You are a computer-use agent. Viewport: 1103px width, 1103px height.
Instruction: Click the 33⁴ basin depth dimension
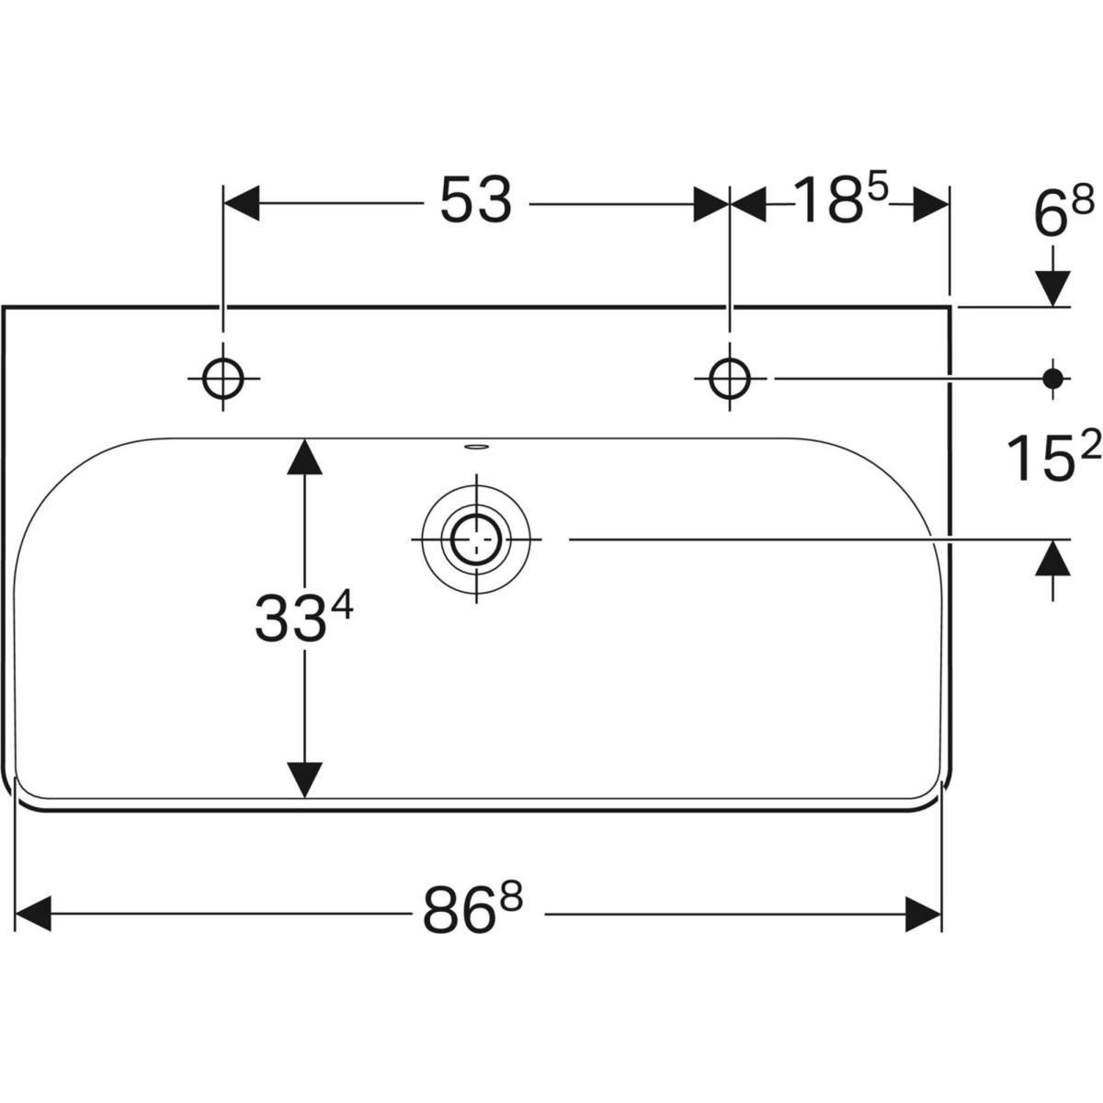[304, 617]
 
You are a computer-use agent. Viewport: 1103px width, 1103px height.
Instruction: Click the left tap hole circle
[223, 379]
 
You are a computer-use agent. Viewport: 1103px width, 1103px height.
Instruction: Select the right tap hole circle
[729, 379]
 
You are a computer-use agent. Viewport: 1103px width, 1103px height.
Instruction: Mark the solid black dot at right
[1052, 378]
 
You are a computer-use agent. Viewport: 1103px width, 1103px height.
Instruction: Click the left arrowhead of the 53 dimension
[242, 203]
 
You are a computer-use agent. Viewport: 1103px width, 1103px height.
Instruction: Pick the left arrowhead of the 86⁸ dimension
[33, 914]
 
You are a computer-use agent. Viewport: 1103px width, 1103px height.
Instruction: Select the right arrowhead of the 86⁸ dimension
[923, 914]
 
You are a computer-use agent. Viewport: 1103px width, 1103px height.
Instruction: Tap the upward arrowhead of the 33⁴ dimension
[304, 457]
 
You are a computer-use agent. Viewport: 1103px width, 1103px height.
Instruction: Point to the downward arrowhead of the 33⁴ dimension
[304, 780]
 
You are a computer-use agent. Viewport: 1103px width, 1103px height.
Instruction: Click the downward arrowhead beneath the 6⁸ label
[1053, 289]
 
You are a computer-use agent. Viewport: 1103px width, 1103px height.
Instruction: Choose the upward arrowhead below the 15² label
[1053, 558]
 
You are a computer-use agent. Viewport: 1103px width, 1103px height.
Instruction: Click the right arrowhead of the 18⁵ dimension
[931, 203]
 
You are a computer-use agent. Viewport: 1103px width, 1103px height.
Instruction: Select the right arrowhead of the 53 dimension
[711, 203]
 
